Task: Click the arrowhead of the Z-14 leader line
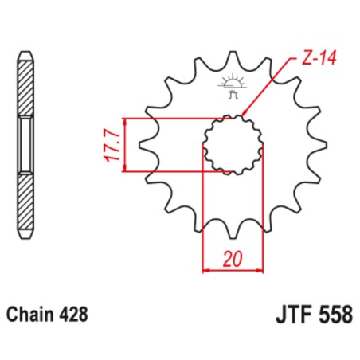243,115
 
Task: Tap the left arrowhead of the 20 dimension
207,271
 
